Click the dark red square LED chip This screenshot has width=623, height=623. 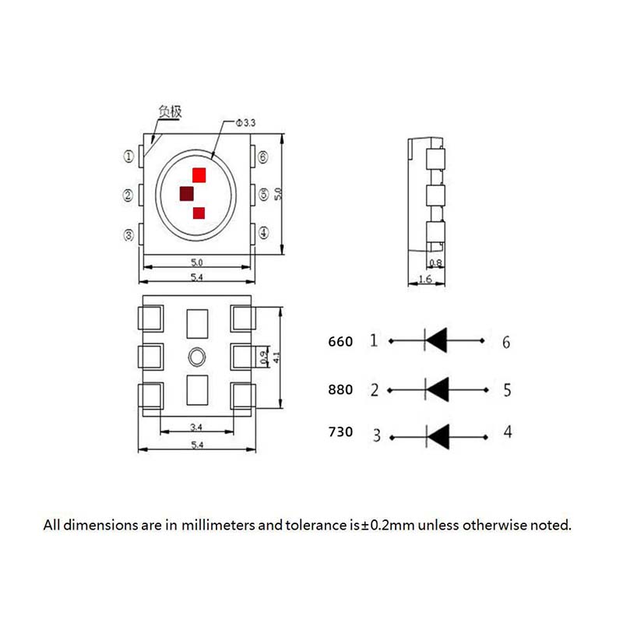click(188, 194)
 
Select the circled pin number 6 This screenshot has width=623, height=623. click(263, 157)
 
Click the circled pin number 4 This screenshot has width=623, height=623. click(263, 233)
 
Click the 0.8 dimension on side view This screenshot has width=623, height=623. click(435, 263)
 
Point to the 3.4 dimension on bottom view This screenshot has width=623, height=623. click(197, 427)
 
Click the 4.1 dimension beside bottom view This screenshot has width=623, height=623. click(276, 357)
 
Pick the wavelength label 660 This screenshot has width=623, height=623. click(340, 341)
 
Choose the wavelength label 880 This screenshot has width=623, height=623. click(340, 389)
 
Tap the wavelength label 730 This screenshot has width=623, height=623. click(340, 432)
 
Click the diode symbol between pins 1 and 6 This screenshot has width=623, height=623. click(436, 340)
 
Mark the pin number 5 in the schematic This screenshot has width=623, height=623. click(507, 389)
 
